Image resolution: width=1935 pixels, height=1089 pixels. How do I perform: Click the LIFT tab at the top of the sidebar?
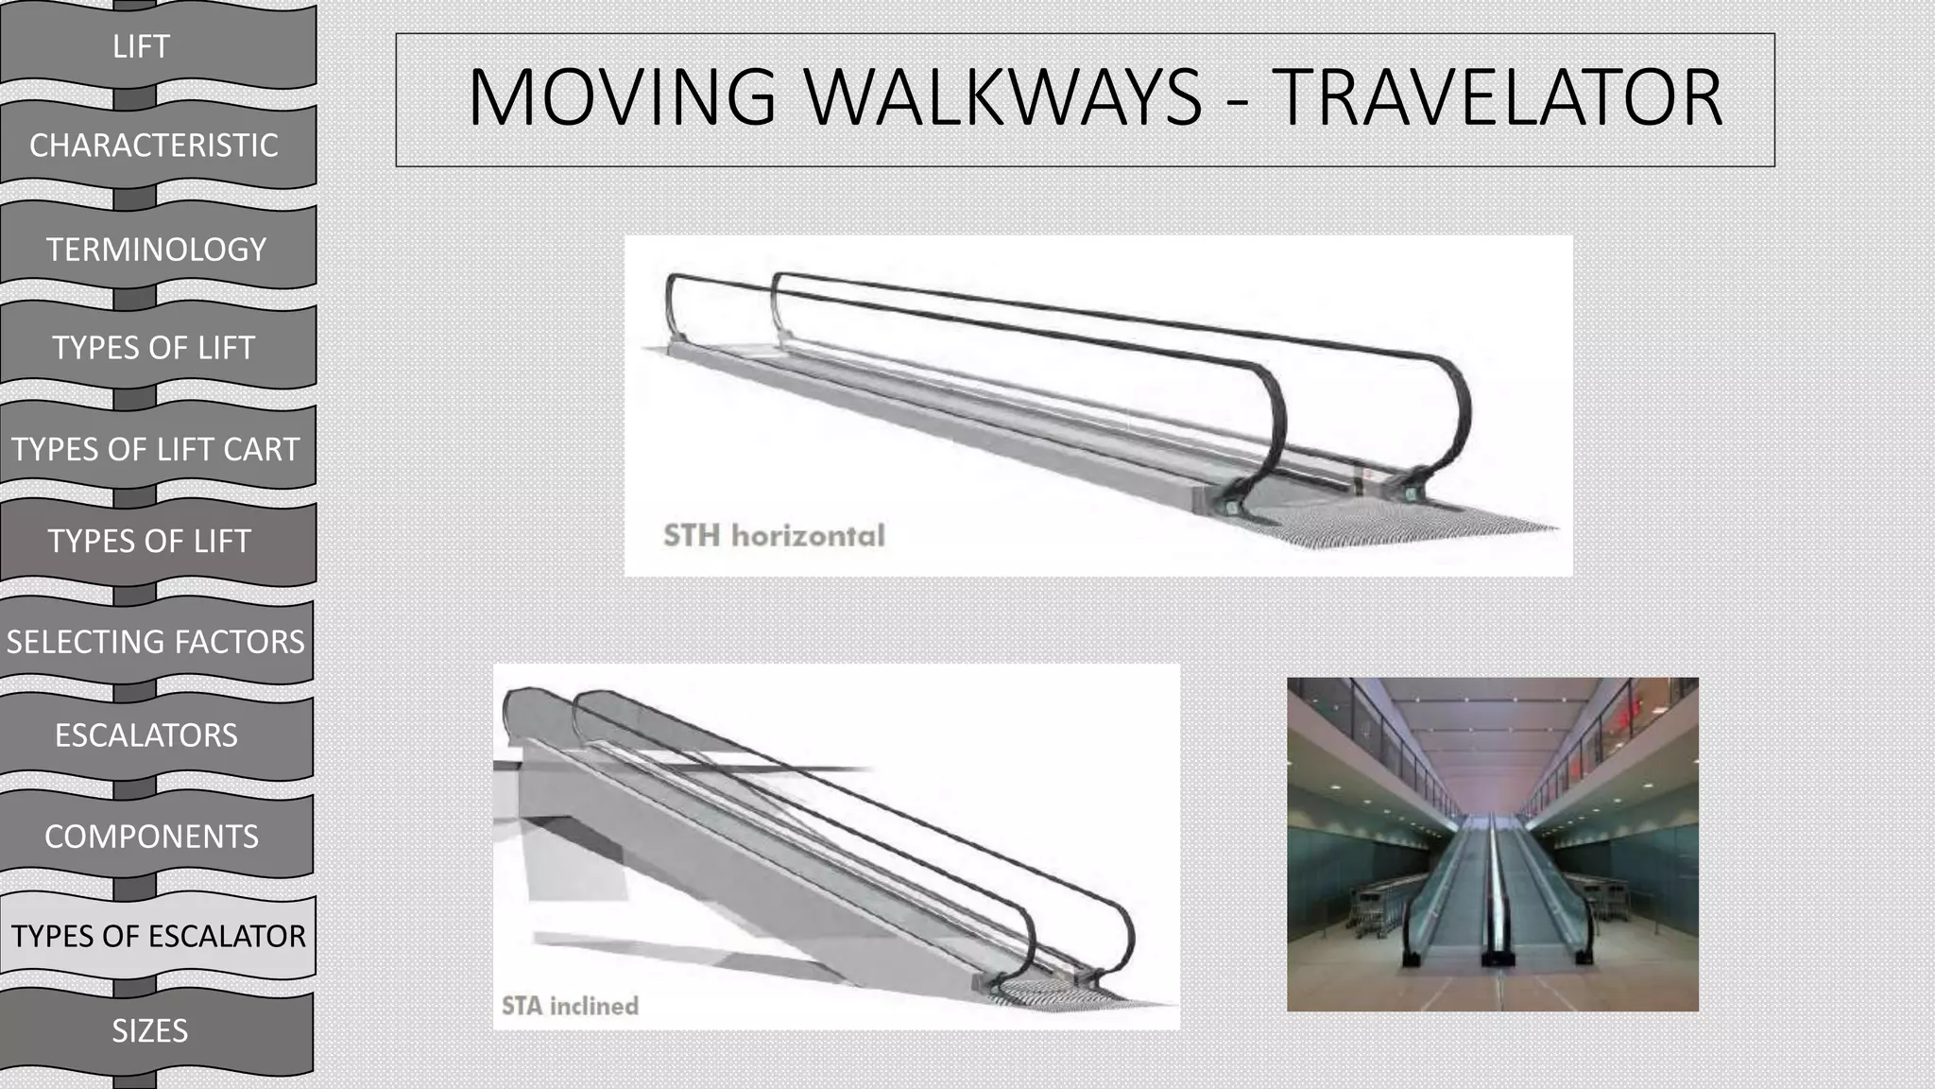(x=142, y=46)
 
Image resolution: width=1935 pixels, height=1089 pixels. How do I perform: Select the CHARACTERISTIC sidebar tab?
(x=154, y=146)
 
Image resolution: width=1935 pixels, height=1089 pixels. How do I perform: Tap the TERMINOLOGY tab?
(x=157, y=250)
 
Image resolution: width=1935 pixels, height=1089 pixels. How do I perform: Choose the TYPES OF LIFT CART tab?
(x=156, y=449)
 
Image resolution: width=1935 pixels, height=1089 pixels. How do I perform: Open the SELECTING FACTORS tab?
(x=156, y=642)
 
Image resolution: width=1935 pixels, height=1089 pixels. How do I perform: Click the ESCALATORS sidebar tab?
(x=146, y=735)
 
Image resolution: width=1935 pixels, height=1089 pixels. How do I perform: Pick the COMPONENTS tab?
(x=151, y=837)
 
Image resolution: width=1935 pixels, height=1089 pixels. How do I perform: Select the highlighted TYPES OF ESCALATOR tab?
(x=158, y=936)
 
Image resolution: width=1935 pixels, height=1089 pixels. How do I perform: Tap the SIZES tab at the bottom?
(x=150, y=1030)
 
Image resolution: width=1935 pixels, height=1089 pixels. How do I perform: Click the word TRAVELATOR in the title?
(x=1497, y=98)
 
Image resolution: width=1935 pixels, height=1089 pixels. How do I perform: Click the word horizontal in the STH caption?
(x=808, y=536)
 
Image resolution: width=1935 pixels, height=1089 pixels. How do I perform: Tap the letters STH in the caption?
(x=692, y=536)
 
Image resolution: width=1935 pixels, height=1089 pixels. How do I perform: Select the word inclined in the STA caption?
(x=594, y=1006)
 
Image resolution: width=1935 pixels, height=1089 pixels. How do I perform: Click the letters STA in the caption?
(x=522, y=1006)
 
